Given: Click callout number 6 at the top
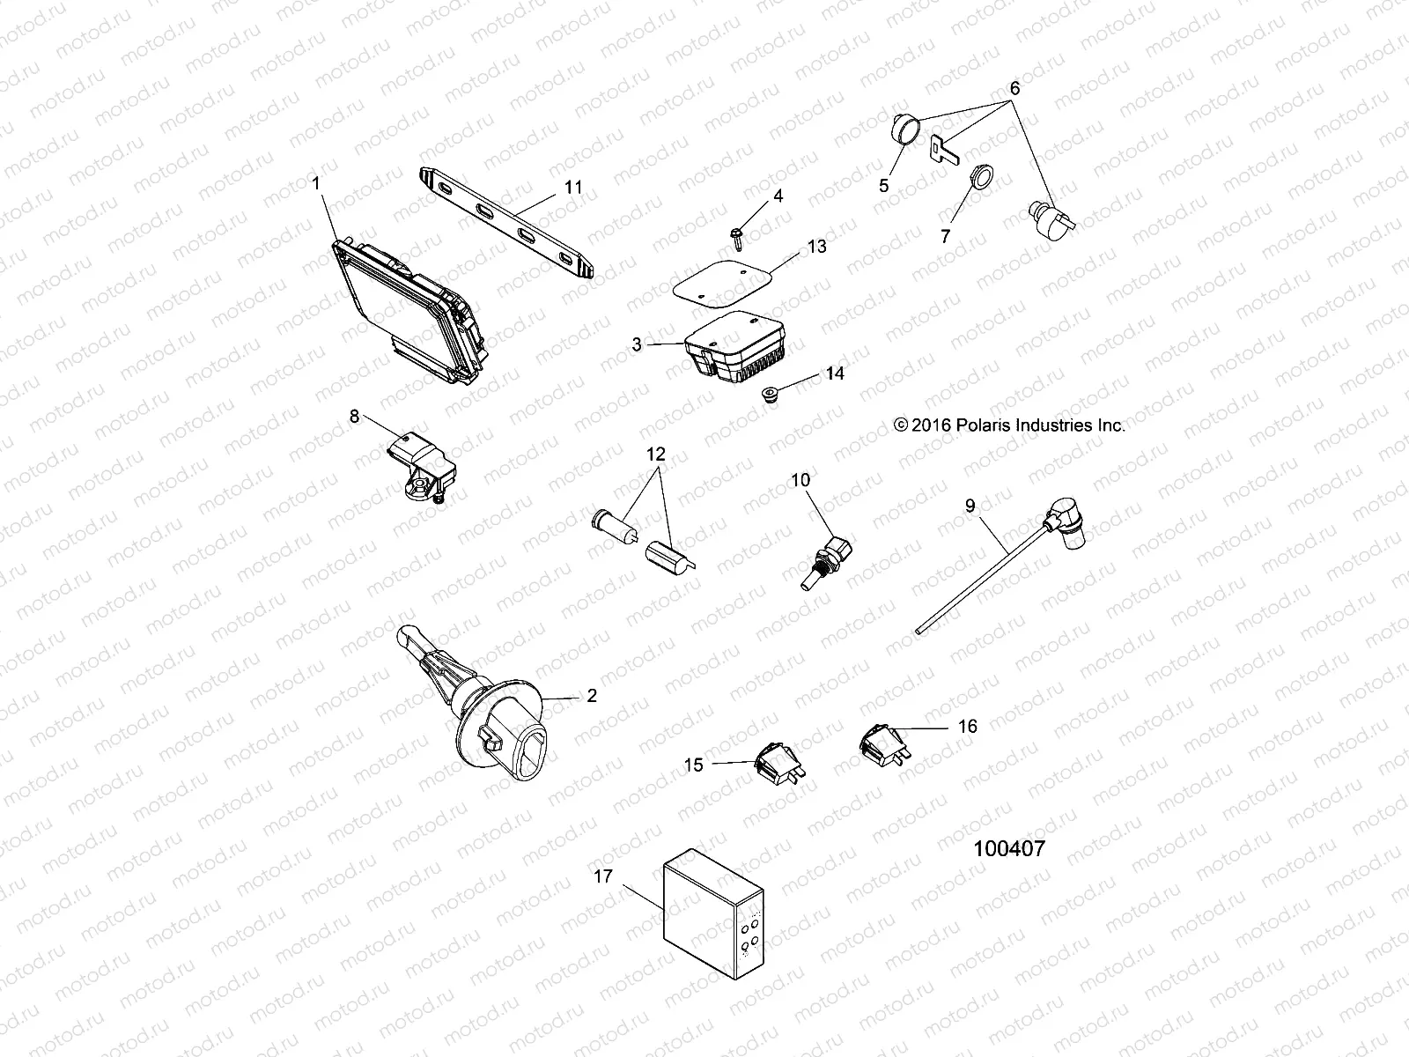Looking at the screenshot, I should pyautogui.click(x=1014, y=88).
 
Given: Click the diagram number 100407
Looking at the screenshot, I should pyautogui.click(x=1009, y=849).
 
